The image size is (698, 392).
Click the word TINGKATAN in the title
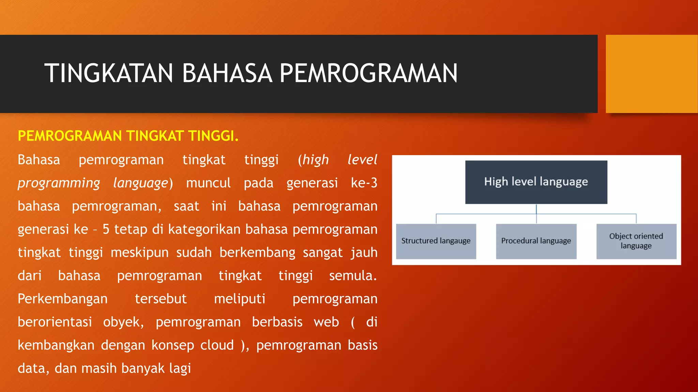[108, 73]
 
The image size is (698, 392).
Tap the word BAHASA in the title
[227, 73]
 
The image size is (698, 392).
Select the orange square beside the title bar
[651, 73]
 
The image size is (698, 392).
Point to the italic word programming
[59, 183]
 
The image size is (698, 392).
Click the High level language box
[536, 182]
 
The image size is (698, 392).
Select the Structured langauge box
[436, 241]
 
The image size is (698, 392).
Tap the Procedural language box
[536, 241]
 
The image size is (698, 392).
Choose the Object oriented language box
[636, 241]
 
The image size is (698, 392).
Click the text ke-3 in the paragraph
[364, 183]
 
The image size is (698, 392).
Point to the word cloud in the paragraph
[217, 345]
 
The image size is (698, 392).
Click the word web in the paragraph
[326, 322]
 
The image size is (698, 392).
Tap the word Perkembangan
[62, 299]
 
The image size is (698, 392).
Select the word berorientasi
[55, 322]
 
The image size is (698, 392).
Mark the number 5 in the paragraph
[106, 229]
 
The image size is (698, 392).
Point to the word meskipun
[139, 252]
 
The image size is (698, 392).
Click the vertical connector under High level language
[536, 210]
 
